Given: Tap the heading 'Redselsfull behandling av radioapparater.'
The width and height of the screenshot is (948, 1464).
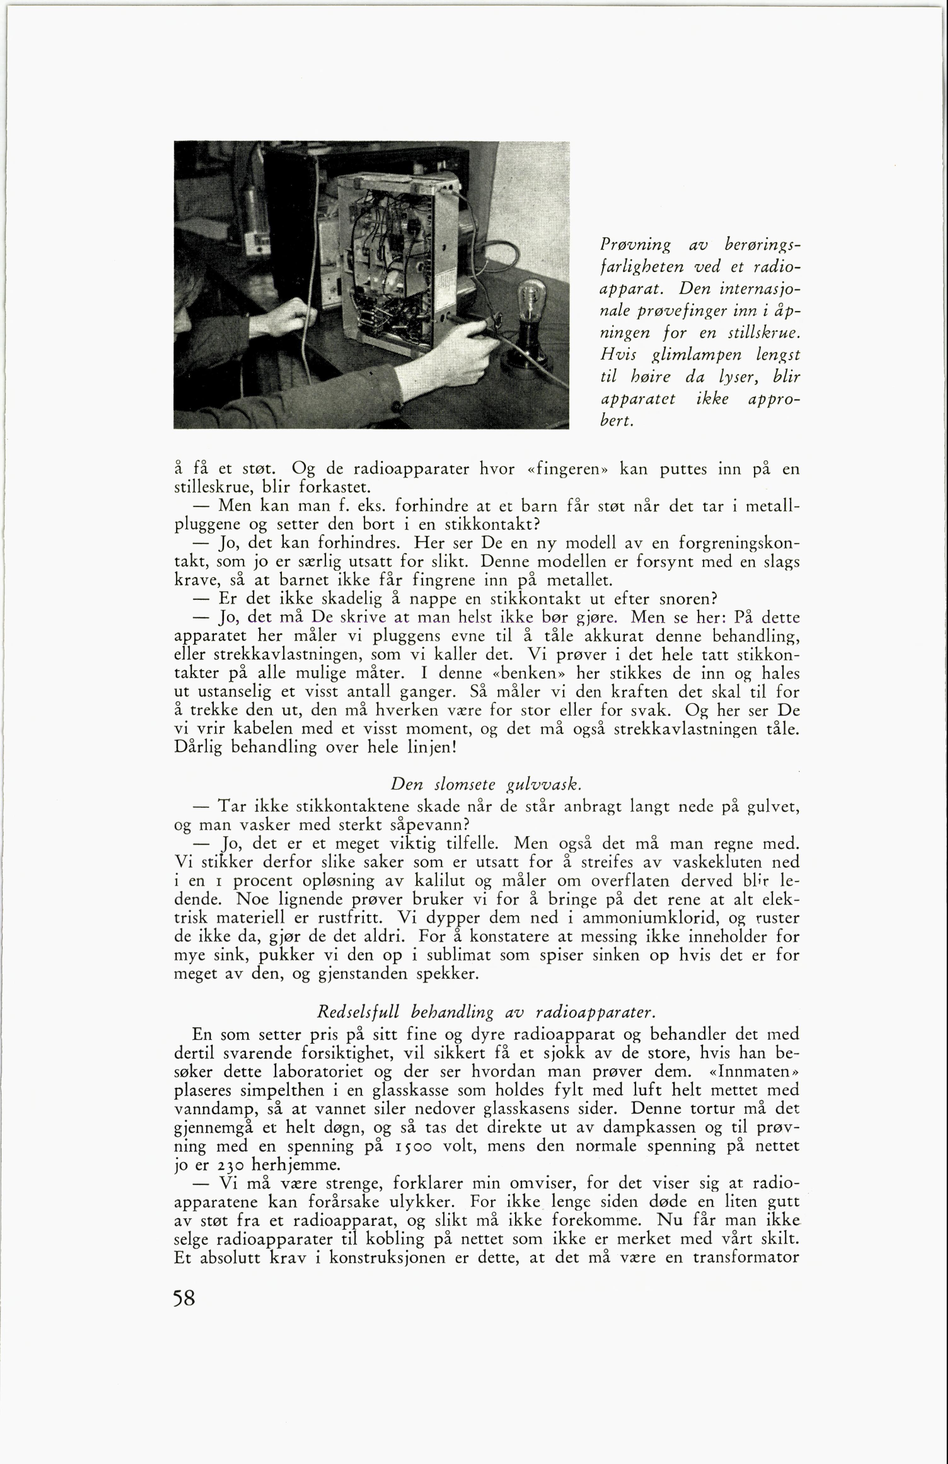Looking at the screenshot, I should click(486, 1012).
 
